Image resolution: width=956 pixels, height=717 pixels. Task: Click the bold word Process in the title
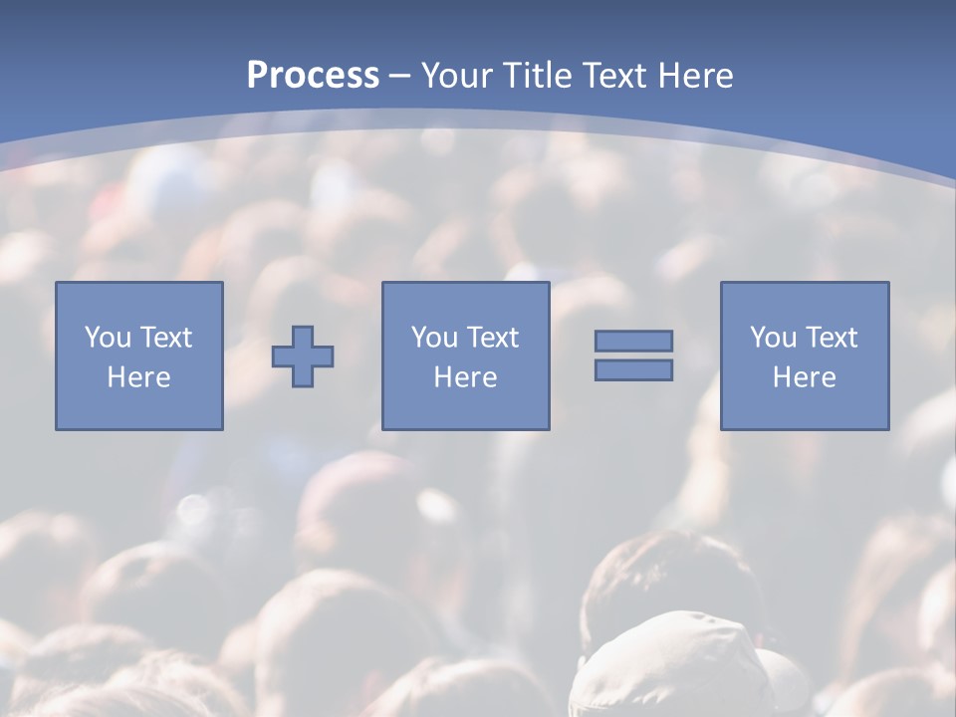coord(313,76)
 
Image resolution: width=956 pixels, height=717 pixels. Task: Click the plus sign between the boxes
coord(303,356)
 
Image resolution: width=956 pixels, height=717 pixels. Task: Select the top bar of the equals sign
coord(633,341)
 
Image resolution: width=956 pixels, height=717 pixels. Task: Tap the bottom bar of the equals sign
coord(633,369)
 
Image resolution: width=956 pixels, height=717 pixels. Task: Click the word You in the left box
coord(108,338)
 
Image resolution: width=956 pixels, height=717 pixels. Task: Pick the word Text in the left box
coord(164,338)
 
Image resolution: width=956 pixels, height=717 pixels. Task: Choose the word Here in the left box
coord(138,377)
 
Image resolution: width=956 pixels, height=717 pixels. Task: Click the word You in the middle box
coord(434,338)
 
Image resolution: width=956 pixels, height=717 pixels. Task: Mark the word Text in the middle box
coord(491,338)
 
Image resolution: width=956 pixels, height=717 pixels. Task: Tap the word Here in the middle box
coord(465,377)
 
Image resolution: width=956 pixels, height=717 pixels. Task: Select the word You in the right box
coord(773,338)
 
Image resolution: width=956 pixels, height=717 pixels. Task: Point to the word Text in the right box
coord(830,338)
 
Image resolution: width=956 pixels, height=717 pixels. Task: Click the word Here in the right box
coord(804,377)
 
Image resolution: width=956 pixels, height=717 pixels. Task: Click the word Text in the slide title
coord(613,76)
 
